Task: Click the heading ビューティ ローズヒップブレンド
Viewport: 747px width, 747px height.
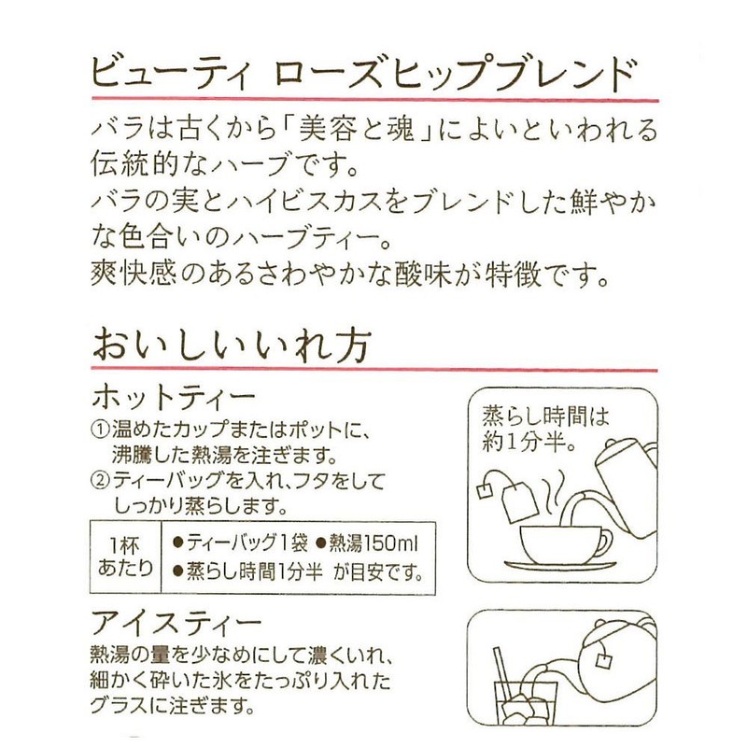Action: [363, 74]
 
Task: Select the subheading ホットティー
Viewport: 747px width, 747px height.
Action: [174, 398]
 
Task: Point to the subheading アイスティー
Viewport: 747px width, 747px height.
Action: [176, 623]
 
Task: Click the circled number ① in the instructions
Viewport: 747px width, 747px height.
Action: [101, 430]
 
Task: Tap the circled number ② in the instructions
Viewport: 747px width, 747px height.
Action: [101, 481]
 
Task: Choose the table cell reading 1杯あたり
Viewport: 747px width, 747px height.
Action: [126, 557]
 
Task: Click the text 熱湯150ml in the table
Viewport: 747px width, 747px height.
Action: [373, 543]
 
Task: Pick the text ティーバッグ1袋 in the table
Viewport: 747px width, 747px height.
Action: [247, 543]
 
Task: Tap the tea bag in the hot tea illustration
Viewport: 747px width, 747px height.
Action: [519, 500]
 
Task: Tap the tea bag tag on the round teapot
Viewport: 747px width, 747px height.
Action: [602, 661]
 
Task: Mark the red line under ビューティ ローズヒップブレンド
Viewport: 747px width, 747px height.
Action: [375, 100]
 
